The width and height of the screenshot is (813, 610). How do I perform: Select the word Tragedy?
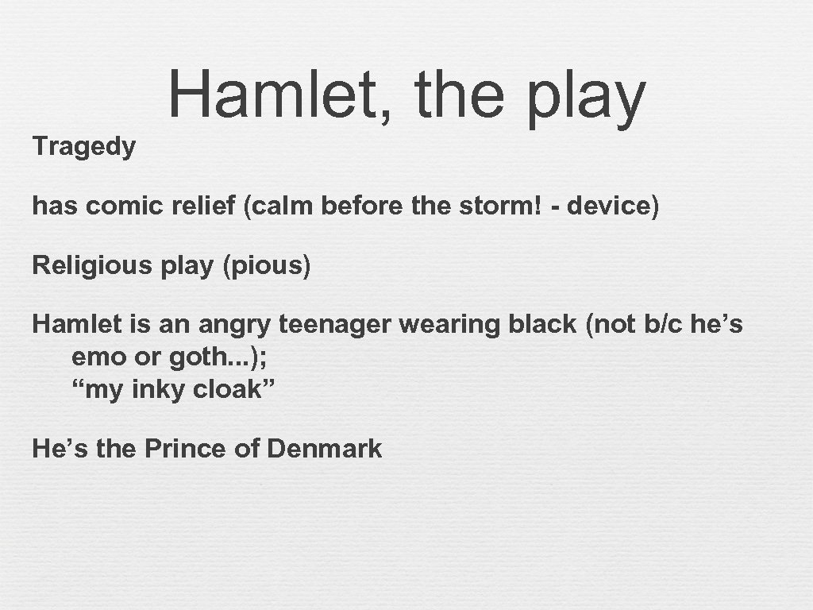point(84,147)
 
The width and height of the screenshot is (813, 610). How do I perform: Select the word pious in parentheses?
point(267,265)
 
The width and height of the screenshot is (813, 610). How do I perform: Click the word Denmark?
point(325,449)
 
